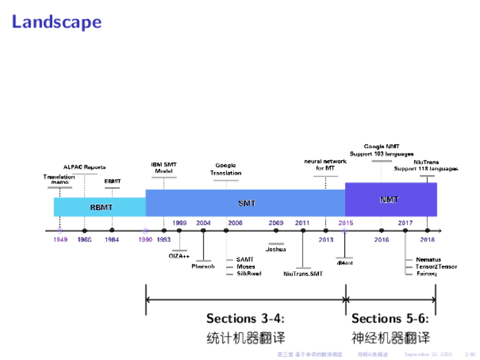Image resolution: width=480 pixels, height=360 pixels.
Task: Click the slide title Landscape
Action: (56, 22)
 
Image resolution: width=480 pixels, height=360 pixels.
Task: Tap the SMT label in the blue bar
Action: (247, 203)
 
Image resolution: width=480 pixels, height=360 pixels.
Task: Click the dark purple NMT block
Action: (390, 200)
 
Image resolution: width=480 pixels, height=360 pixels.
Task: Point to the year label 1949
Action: (60, 240)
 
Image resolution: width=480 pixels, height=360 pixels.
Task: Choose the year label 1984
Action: (112, 240)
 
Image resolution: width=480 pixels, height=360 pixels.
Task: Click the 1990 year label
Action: (145, 240)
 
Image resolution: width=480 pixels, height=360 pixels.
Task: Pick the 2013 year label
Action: (326, 240)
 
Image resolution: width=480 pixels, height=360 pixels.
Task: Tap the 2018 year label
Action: (427, 240)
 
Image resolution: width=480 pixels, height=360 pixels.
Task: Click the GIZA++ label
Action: (179, 256)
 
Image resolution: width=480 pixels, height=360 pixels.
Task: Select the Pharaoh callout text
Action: (203, 266)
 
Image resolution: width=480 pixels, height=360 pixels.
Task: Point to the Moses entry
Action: (246, 267)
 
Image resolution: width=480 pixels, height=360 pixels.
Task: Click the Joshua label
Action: (276, 249)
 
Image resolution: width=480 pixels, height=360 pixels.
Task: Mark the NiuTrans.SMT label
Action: (303, 274)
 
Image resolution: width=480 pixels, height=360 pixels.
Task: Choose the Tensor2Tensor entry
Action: (436, 267)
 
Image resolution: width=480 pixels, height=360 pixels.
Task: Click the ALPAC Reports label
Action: (84, 167)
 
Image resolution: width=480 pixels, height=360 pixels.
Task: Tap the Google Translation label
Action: (225, 169)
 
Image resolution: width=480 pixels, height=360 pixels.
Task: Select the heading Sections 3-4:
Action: (246, 319)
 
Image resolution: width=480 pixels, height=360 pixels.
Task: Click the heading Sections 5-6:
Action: (390, 319)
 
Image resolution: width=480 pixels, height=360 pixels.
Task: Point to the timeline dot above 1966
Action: (84, 231)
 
